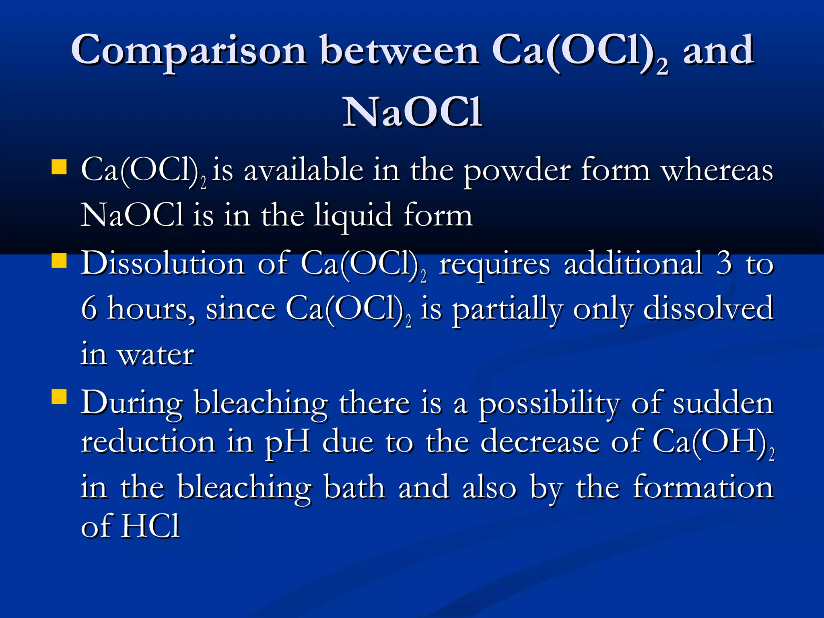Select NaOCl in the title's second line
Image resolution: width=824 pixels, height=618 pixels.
coord(412,112)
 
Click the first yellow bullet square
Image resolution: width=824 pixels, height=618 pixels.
coord(59,167)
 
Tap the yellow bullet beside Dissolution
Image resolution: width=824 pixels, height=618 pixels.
coord(59,260)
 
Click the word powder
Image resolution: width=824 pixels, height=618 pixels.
coord(517,171)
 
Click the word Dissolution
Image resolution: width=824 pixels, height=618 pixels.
coord(163,264)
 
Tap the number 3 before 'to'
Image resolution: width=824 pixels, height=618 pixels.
coord(724,264)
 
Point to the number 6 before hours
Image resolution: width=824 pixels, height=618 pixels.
coord(89,309)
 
